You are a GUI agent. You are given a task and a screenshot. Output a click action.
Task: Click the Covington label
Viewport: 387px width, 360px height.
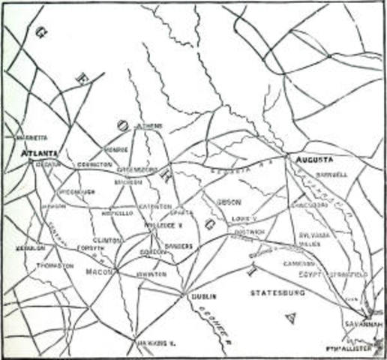tap(94, 163)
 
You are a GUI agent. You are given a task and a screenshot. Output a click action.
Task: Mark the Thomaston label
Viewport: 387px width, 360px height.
tap(55, 265)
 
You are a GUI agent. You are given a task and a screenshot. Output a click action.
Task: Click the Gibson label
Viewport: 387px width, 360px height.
tap(227, 202)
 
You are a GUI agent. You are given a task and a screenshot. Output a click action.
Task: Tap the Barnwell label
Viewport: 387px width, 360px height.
tap(331, 174)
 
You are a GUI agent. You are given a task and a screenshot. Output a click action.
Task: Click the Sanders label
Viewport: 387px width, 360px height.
tap(178, 245)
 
